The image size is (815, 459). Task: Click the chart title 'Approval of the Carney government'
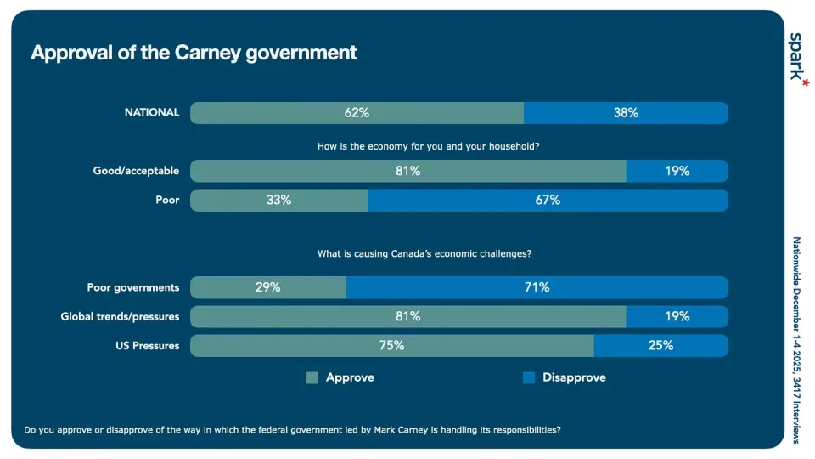(194, 53)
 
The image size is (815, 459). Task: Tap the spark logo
(795, 57)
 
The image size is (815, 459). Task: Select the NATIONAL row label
(152, 112)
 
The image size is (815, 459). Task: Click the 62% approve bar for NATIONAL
(357, 112)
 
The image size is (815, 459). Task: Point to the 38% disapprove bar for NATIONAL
(626, 112)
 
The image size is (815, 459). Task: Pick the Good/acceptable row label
(136, 171)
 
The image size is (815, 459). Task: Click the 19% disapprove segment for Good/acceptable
(677, 171)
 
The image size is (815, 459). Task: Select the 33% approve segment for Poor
(278, 201)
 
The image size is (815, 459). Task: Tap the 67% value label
(548, 201)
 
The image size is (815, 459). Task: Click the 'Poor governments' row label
(133, 287)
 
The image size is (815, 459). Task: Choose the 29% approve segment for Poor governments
(268, 287)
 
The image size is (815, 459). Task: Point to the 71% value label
(537, 287)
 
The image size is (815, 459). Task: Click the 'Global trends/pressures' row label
(120, 317)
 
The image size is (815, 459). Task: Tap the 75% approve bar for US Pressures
(391, 346)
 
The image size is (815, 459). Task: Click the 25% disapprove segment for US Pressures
(660, 346)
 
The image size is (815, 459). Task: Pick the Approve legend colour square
(312, 377)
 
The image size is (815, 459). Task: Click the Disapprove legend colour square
(528, 377)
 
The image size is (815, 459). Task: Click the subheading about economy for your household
(429, 146)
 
